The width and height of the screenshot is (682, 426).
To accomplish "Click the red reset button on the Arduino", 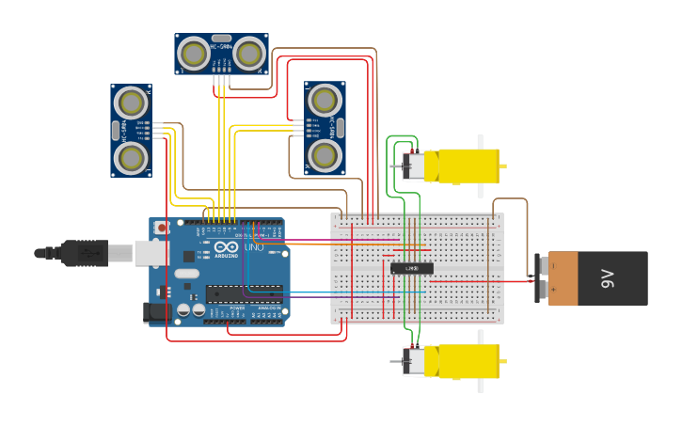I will (x=161, y=228).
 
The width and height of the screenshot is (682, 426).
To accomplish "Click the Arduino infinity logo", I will (x=226, y=247).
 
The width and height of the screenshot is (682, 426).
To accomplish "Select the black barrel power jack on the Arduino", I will (x=151, y=312).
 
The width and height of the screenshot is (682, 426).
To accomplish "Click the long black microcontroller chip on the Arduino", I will (x=244, y=293).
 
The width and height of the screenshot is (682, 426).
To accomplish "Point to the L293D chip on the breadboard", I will (x=412, y=268).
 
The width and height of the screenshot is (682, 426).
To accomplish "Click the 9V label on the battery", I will (x=607, y=278).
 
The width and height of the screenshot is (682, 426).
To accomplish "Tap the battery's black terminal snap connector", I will (x=540, y=278).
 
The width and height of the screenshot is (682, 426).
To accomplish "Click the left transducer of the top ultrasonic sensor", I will (x=194, y=54).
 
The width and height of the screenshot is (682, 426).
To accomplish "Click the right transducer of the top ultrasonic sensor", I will (x=249, y=54).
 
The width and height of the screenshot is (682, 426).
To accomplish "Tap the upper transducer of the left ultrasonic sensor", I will (x=131, y=102).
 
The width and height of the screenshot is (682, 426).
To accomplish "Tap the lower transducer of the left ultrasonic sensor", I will (x=131, y=157).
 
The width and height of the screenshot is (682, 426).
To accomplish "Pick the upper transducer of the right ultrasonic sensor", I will (x=325, y=100).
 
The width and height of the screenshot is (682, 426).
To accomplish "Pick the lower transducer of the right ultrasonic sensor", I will (x=325, y=155).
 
